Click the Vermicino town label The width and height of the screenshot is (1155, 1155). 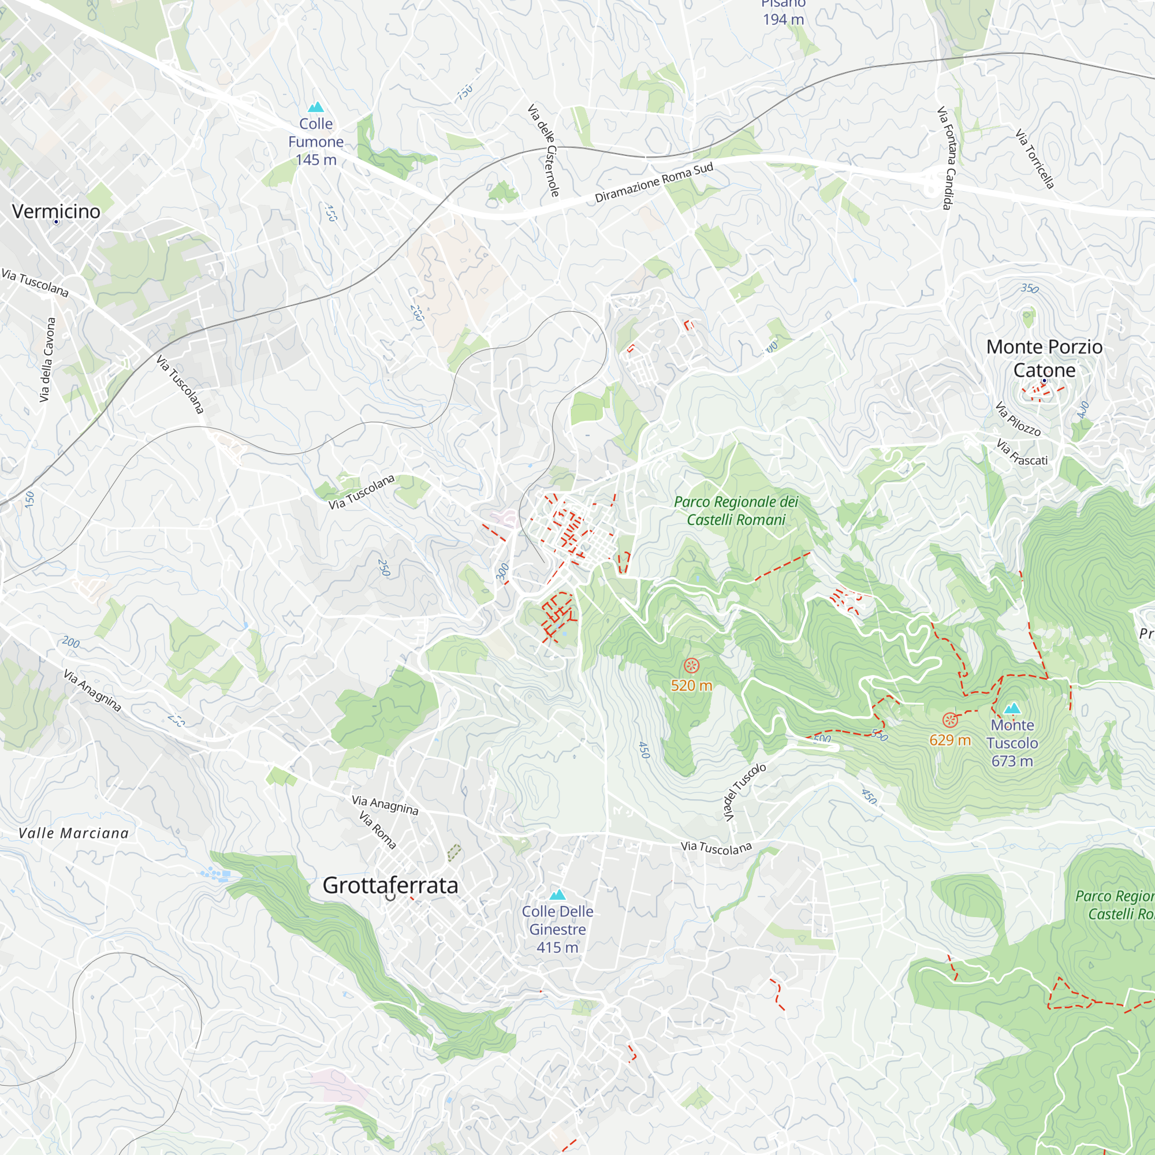56,211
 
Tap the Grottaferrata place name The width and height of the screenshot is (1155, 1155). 390,885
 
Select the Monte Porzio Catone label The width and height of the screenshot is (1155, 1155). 1044,358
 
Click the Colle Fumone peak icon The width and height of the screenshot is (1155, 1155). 316,107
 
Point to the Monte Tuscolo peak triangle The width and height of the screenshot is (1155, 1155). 1012,709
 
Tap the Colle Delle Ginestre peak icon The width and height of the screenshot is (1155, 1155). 557,895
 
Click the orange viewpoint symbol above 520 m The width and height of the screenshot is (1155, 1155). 691,665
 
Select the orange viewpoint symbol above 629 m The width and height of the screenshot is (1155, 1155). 949,720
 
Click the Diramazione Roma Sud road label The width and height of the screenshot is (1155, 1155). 654,182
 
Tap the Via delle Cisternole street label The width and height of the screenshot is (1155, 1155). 543,150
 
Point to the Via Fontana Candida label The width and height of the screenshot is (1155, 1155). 946,158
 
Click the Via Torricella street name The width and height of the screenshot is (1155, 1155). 1035,159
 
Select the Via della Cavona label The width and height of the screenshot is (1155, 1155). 47,359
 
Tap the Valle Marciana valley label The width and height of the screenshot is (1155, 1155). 73,833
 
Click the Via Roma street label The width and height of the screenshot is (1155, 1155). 378,830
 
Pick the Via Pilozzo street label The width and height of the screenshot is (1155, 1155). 1018,419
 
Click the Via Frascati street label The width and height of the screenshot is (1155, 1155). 1022,453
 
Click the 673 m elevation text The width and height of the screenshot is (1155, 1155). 1012,761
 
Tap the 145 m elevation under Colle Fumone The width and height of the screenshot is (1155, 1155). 316,159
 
